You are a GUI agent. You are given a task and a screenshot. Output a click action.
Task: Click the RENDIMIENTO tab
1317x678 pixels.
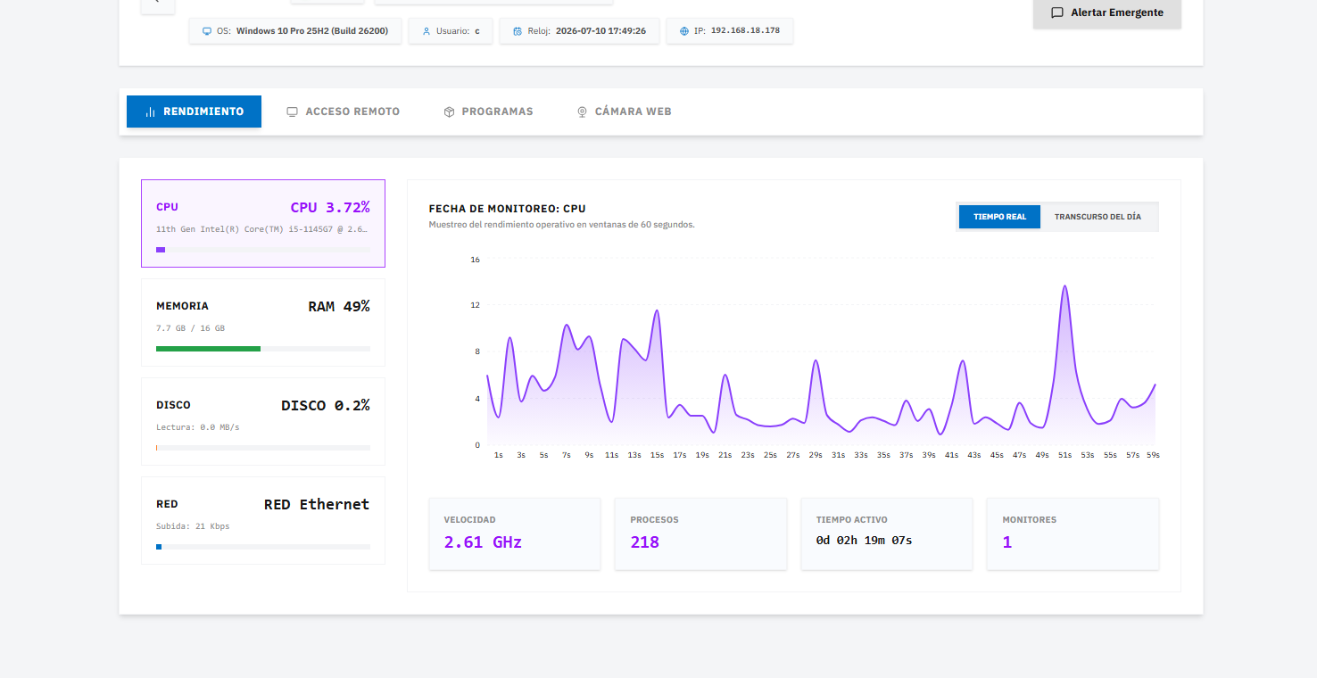point(194,112)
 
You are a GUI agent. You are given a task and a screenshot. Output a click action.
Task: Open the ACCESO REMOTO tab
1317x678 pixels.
point(343,112)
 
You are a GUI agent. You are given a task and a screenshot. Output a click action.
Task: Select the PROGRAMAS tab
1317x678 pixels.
point(488,112)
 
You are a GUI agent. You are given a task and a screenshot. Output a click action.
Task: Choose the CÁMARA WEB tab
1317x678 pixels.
point(624,112)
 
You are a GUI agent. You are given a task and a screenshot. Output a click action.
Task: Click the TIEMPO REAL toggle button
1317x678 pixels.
point(999,217)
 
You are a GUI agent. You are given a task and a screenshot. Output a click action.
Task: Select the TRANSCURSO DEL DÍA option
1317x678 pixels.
point(1097,217)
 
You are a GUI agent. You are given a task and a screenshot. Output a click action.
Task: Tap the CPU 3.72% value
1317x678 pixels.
point(330,208)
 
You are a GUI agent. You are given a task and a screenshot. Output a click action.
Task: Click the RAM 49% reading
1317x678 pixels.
point(339,306)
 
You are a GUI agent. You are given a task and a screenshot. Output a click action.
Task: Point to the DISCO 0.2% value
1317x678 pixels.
point(325,406)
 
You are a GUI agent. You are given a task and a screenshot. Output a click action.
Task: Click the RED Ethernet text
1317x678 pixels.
point(317,505)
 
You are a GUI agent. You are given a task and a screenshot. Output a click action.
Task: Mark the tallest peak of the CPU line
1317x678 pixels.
point(1064,286)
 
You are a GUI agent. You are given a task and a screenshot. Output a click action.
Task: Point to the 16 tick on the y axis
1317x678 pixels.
point(475,260)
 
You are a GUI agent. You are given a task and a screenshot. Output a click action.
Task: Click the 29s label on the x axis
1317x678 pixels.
point(816,455)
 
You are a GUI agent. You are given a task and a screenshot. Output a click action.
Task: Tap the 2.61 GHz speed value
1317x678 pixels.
point(483,542)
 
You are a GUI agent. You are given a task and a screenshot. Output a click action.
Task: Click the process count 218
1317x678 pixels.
point(644,542)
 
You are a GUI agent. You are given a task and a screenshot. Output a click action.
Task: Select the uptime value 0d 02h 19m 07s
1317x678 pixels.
point(864,541)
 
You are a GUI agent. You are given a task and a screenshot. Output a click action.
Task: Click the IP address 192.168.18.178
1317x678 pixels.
point(745,30)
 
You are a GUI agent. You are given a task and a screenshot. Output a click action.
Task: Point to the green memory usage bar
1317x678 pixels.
point(208,349)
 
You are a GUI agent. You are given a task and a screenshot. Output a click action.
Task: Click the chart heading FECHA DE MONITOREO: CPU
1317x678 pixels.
point(507,209)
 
